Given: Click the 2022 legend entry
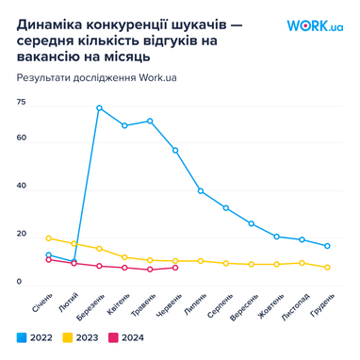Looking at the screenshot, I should click(34, 335).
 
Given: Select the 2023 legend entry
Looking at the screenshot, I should click(80, 335).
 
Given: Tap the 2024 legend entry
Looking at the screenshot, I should click(126, 335).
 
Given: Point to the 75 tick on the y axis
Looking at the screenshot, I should click(21, 102).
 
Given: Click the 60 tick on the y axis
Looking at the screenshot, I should click(21, 139).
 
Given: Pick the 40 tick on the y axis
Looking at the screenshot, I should click(21, 188).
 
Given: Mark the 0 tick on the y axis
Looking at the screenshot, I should click(19, 281).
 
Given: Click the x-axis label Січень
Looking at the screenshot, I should click(41, 304).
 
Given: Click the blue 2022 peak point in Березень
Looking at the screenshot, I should click(99, 107).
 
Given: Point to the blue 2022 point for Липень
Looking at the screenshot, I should click(201, 190).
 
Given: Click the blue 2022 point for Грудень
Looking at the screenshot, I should click(327, 246).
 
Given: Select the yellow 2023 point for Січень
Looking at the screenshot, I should click(48, 238).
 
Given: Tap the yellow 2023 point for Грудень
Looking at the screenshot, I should click(327, 268).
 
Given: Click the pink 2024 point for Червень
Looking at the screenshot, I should click(175, 268).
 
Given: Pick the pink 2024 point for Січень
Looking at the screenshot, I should click(48, 259).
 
